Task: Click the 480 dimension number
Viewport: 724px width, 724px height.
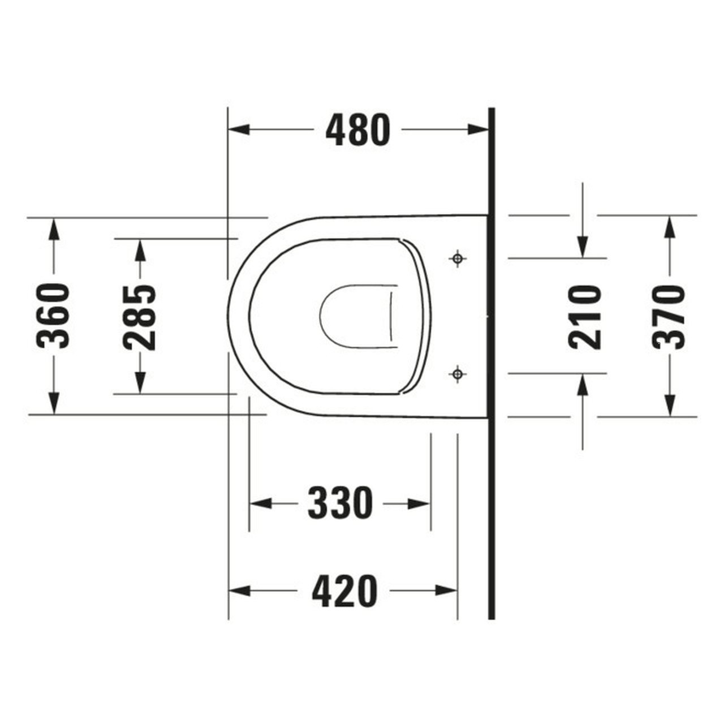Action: click(357, 130)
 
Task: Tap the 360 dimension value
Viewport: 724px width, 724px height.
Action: click(53, 316)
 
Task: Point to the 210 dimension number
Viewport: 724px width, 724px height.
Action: click(585, 317)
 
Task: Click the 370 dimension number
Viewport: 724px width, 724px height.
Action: click(669, 317)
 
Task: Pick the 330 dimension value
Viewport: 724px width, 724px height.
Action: click(341, 503)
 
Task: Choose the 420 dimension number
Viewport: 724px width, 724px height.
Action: click(344, 591)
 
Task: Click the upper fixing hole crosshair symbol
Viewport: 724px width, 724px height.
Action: click(458, 258)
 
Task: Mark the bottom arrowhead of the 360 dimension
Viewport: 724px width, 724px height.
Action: click(53, 404)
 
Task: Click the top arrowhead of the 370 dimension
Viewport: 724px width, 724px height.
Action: click(669, 226)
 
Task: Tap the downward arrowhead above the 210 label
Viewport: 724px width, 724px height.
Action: click(583, 248)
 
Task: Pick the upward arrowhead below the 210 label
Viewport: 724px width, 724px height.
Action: click(583, 384)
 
